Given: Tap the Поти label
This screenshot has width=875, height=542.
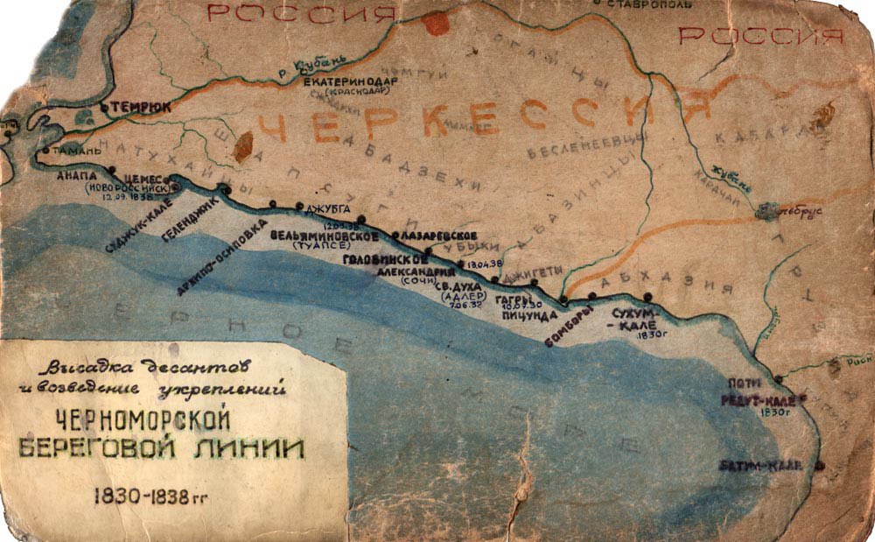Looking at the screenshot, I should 745,384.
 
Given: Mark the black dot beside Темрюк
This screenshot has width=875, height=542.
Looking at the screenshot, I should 104,107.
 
